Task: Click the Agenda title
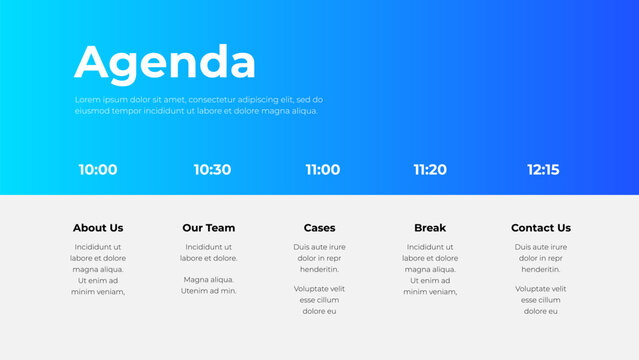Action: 165,62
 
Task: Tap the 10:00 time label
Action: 98,170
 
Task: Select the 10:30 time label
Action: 212,170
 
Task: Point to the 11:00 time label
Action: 322,170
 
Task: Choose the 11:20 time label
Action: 430,170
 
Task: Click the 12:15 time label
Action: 543,170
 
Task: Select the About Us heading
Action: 98,228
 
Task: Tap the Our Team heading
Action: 208,228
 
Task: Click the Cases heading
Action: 319,228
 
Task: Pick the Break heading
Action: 430,228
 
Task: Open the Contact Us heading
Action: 541,228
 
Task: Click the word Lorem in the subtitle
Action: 87,100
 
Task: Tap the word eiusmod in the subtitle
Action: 92,111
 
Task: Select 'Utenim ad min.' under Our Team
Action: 208,291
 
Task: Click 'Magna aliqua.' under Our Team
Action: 208,280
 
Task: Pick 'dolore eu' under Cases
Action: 319,311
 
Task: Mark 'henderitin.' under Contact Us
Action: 541,269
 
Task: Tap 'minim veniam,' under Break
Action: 430,291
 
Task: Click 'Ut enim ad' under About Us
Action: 98,280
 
